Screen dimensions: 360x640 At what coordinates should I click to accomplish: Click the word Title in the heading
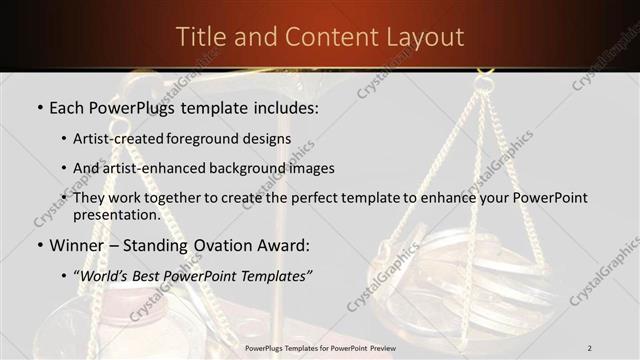point(199,38)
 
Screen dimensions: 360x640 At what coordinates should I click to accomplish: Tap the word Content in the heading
point(318,38)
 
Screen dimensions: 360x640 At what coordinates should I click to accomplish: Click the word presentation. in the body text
point(116,215)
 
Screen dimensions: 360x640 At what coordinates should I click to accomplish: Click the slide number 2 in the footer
point(590,348)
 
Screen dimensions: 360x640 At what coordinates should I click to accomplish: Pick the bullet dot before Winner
point(38,245)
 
